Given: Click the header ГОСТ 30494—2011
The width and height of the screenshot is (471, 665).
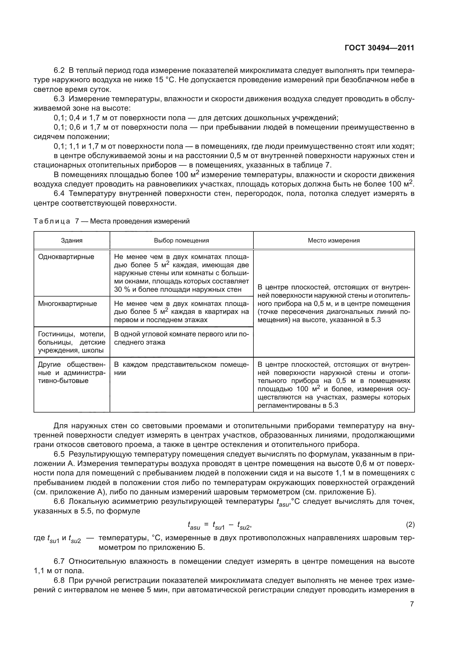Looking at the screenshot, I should coord(379,48).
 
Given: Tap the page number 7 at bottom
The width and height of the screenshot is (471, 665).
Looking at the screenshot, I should coord(412,604).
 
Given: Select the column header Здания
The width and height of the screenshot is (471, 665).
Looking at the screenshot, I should coord(72,241).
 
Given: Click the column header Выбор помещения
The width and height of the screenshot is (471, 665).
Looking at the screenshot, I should coord(181,241).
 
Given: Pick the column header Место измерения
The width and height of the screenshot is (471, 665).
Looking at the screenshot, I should coord(333,241).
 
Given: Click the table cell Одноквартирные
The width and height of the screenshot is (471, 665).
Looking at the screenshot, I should coord(66,257).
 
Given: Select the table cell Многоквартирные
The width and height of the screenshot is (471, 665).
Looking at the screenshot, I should coord(67,304).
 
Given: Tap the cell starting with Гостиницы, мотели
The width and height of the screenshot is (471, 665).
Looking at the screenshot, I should coord(72,342).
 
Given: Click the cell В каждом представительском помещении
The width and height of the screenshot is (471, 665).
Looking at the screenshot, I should coord(181,368).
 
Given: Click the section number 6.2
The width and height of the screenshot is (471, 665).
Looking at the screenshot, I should coord(59,71).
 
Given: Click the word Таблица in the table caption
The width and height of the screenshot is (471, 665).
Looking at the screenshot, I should coord(52,221).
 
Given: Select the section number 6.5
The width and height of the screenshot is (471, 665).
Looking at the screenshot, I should coord(59,454).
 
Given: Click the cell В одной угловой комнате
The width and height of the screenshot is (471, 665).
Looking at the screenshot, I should coord(181,338).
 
